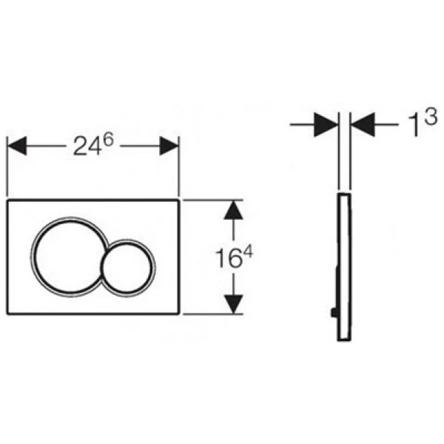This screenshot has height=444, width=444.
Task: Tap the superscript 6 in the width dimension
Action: tap(107, 140)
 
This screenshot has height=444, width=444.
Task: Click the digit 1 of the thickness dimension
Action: tap(414, 127)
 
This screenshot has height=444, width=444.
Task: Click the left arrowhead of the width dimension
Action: tap(17, 146)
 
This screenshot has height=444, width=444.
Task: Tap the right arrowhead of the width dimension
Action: tap(169, 146)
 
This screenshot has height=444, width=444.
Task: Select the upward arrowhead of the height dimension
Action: tap(233, 210)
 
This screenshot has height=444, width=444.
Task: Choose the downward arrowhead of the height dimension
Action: tap(233, 304)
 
